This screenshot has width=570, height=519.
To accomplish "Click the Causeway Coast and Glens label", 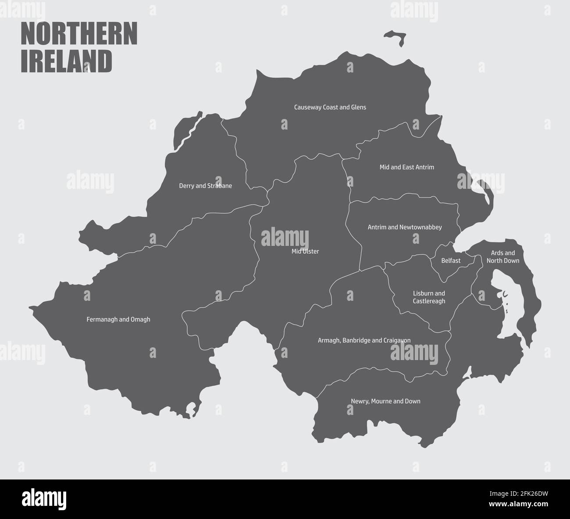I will pyautogui.click(x=330, y=107).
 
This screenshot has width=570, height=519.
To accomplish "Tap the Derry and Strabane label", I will pyautogui.click(x=205, y=186).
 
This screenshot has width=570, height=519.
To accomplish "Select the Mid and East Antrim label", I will pyautogui.click(x=406, y=167).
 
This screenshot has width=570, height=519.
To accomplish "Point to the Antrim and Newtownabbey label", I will pyautogui.click(x=404, y=227).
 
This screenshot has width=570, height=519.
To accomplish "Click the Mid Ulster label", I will pyautogui.click(x=305, y=252).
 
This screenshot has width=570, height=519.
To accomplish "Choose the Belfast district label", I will pyautogui.click(x=451, y=261).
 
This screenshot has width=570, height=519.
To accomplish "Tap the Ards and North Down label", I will pyautogui.click(x=502, y=257).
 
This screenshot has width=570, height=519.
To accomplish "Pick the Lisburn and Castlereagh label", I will pyautogui.click(x=429, y=297).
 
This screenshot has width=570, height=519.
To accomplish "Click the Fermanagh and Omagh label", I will pyautogui.click(x=118, y=320).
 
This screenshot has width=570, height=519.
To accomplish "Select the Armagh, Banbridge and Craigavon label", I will pyautogui.click(x=364, y=340).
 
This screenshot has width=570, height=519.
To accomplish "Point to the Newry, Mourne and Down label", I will pyautogui.click(x=385, y=401).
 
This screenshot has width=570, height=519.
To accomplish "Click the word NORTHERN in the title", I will pyautogui.click(x=79, y=34).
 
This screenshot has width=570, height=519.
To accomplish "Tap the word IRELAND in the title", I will pyautogui.click(x=67, y=61).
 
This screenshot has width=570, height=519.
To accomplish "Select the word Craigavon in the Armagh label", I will pyautogui.click(x=396, y=340).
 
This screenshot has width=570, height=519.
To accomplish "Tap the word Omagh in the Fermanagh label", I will pyautogui.click(x=140, y=320).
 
